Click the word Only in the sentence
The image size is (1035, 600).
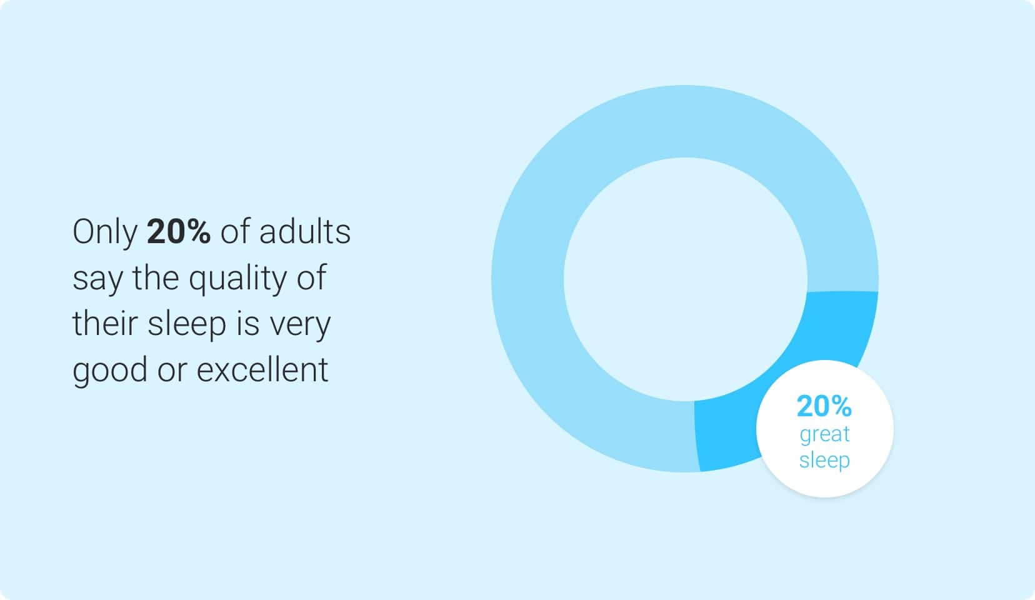coord(105,232)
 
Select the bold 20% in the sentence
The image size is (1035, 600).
coord(178,231)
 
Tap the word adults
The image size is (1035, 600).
coord(305,231)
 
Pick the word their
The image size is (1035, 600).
coord(105,323)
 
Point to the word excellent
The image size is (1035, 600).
coord(262,369)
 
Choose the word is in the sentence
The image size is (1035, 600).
coord(248,323)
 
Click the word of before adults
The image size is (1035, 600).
coord(235,231)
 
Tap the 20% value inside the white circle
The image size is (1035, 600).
coord(824,406)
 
